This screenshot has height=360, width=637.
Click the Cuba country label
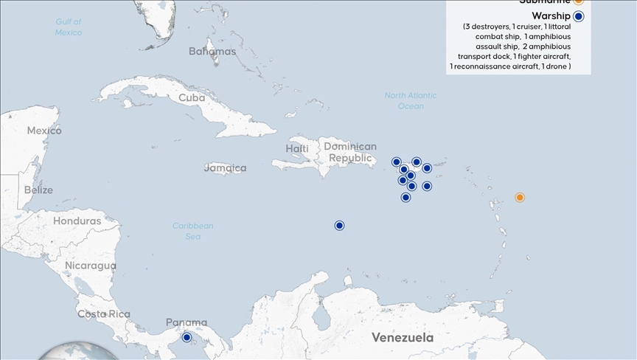click(x=192, y=97)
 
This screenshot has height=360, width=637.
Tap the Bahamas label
click(x=212, y=52)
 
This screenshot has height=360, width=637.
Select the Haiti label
click(x=297, y=149)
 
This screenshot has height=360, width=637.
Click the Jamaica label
click(x=225, y=168)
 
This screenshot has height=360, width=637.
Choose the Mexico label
click(x=44, y=131)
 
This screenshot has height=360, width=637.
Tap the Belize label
click(x=38, y=190)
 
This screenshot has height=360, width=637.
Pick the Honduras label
click(x=77, y=221)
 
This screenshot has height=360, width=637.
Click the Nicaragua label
click(x=91, y=266)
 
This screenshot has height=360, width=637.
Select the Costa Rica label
click(x=104, y=314)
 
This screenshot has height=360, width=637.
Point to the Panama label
click(x=186, y=322)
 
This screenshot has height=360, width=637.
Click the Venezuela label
click(x=402, y=338)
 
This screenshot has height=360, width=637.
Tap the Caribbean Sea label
click(x=193, y=231)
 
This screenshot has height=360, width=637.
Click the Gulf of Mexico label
click(x=69, y=27)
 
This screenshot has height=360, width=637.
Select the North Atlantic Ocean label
click(x=411, y=100)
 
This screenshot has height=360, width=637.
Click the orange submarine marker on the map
click(x=520, y=197)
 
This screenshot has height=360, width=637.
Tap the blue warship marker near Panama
click(x=187, y=337)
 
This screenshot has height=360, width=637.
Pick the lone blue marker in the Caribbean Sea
click(x=339, y=225)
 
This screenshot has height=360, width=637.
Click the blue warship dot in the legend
click(x=579, y=16)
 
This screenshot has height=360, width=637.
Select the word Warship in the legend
click(x=551, y=16)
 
